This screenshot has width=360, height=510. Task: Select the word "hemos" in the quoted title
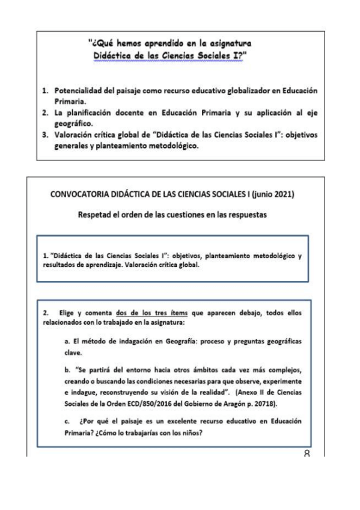tap(118, 43)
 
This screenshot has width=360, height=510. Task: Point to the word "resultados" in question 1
tap(59, 266)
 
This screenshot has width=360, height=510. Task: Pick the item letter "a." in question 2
tap(68, 342)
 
